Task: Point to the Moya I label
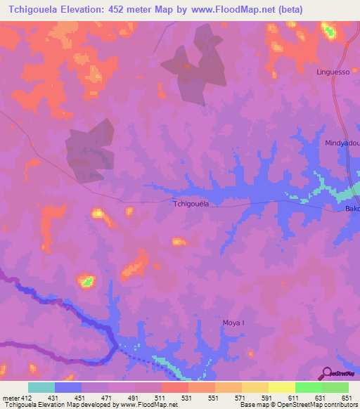click(233, 323)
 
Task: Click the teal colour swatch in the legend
click(41, 387)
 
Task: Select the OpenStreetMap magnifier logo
click(326, 373)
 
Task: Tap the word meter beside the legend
click(8, 397)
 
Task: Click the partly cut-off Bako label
click(352, 209)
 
